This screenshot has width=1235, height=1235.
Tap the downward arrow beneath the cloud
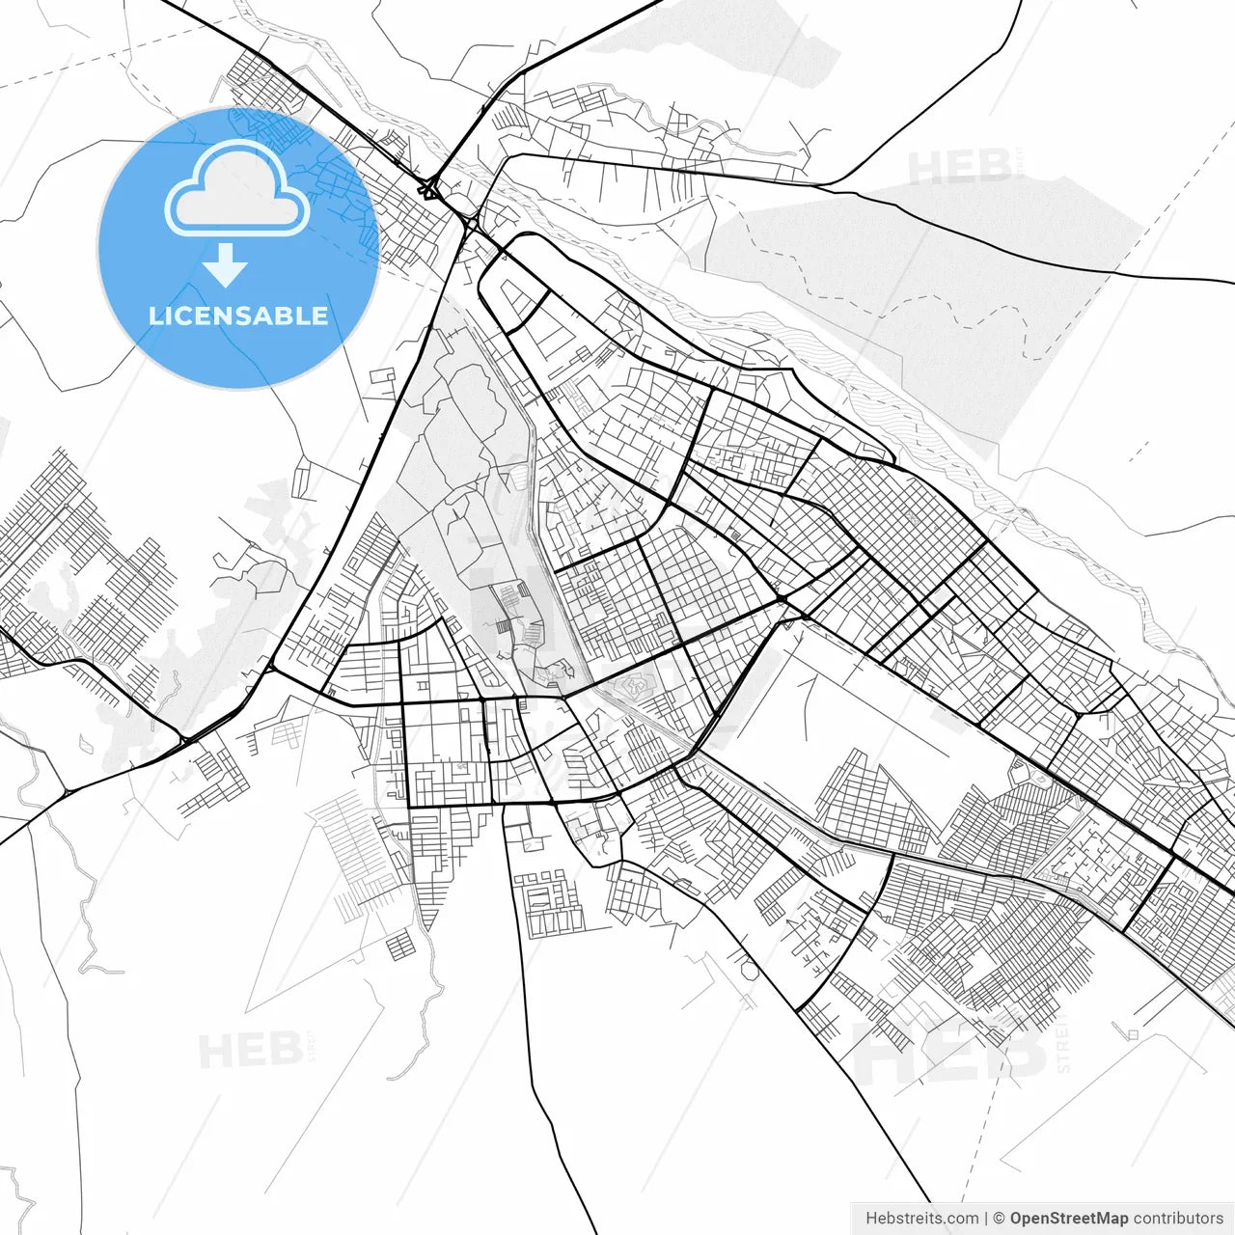click(x=227, y=264)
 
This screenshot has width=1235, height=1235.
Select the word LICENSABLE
click(x=237, y=316)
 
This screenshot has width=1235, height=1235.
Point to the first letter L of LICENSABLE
click(x=154, y=316)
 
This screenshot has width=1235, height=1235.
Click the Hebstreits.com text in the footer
click(x=921, y=1218)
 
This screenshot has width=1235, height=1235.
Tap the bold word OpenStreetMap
click(x=1069, y=1218)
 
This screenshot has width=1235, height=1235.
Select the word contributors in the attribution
click(x=1178, y=1218)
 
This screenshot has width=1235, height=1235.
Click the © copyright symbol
click(x=1000, y=1218)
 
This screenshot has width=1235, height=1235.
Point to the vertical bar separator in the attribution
click(x=986, y=1218)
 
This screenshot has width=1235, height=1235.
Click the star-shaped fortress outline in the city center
click(x=638, y=688)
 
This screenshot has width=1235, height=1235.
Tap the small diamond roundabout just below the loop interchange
click(x=472, y=224)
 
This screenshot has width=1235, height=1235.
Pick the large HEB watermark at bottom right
click(x=950, y=1050)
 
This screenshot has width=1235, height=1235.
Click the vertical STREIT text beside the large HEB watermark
click(x=1063, y=1042)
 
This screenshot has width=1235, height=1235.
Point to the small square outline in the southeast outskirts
click(x=1132, y=1035)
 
